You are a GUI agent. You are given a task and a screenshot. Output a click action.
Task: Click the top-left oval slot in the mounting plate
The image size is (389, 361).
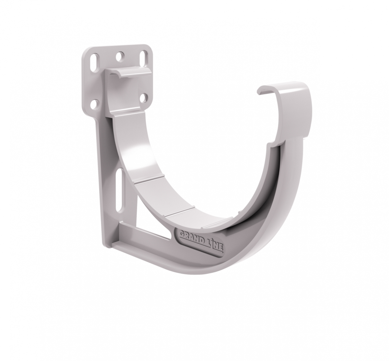[96, 60]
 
